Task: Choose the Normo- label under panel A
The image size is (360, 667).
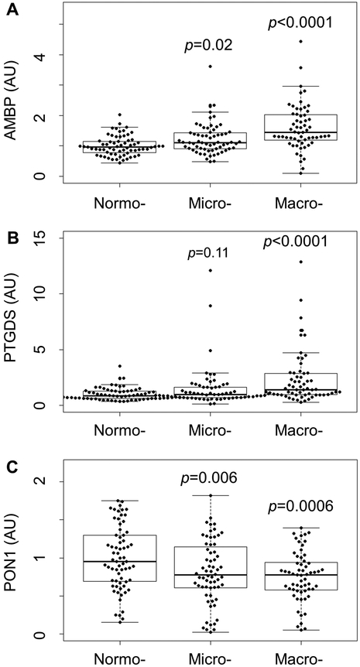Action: click(x=116, y=203)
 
